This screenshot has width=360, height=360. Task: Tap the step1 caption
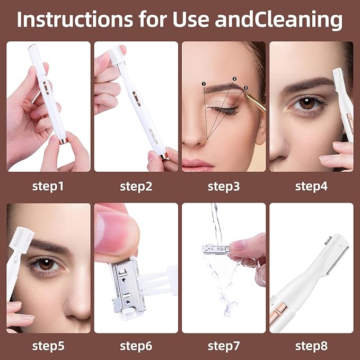(48, 186)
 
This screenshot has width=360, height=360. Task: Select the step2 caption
(136, 186)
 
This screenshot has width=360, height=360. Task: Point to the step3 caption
(223, 186)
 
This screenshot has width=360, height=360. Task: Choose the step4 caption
(311, 186)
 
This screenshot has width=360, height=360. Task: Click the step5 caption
(48, 346)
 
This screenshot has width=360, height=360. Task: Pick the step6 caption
(136, 346)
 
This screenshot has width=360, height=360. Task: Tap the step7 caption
(223, 346)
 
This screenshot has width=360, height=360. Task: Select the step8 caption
(311, 346)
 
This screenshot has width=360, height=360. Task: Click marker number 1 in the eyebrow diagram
(204, 83)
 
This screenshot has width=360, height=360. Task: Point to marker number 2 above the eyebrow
(234, 78)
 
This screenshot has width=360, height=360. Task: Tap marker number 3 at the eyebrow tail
(246, 87)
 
